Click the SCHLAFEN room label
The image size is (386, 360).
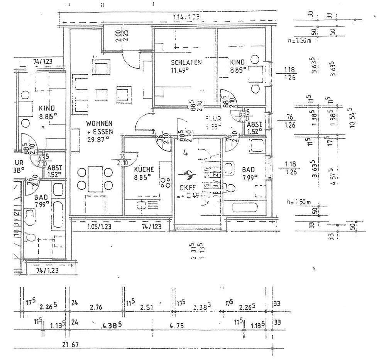click(186, 62)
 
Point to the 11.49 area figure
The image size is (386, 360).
click(180, 70)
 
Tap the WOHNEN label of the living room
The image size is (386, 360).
click(99, 123)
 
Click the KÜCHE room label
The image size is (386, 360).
click(144, 169)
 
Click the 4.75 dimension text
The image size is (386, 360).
click(176, 326)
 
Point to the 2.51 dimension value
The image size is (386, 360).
click(147, 307)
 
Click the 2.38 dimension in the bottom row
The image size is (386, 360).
click(201, 307)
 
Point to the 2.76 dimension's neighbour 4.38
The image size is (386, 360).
click(111, 326)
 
